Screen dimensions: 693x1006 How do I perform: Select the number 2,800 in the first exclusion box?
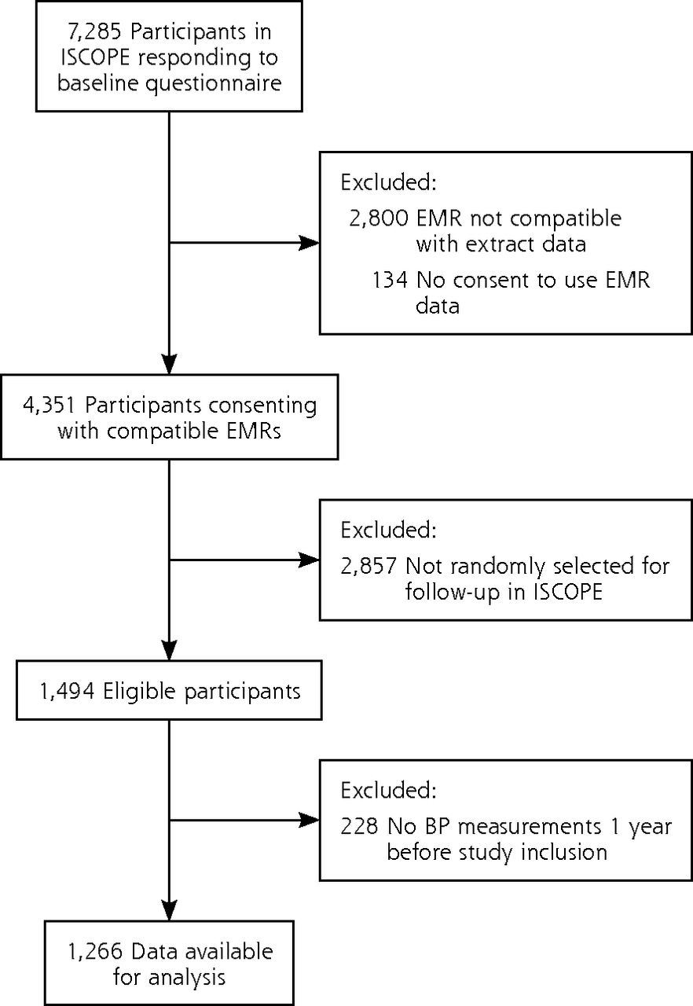[x=379, y=218]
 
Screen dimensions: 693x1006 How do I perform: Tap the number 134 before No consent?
[x=390, y=281]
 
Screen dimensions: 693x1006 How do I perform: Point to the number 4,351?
[x=49, y=405]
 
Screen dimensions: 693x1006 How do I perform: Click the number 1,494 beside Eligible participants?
[x=68, y=691]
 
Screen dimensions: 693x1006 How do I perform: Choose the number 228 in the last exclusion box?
[x=359, y=826]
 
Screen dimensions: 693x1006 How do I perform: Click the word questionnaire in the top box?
[x=214, y=84]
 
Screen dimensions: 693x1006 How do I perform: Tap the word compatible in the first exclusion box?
[x=566, y=219]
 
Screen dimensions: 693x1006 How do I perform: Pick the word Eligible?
[x=139, y=692]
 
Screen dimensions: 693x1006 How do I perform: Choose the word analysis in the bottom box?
[x=187, y=978]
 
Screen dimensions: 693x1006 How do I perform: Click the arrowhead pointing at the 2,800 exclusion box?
[x=310, y=243]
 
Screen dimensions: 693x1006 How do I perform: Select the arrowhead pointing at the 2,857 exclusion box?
[x=310, y=560]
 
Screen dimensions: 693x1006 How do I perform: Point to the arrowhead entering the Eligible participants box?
[x=169, y=650]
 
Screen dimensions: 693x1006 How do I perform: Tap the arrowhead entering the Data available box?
[x=169, y=911]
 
